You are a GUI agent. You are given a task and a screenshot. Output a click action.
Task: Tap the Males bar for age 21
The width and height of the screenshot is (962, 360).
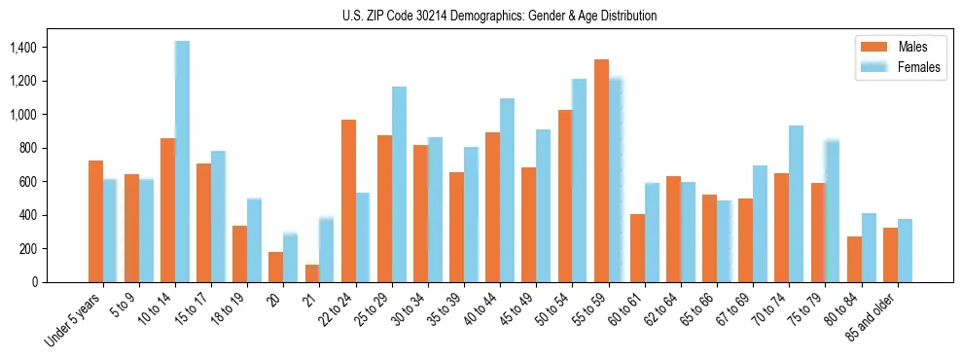(312, 273)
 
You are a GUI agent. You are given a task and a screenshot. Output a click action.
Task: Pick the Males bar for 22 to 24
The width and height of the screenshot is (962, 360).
(348, 200)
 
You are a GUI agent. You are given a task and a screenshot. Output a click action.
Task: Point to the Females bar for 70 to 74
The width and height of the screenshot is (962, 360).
(796, 203)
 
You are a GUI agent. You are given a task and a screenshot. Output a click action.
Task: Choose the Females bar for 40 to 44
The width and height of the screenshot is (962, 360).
(507, 190)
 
